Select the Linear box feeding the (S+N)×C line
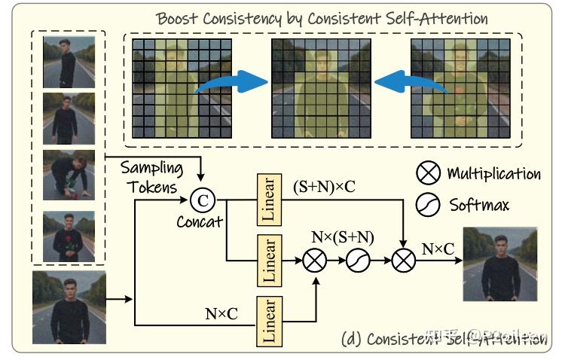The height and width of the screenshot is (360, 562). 267,200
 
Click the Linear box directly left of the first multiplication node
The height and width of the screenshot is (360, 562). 267,260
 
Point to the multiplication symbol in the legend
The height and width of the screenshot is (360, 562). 429,173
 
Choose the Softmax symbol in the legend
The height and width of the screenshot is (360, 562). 429,204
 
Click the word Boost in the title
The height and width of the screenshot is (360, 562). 178,18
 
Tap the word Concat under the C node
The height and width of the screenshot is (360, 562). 200,222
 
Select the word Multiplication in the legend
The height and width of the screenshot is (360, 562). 493,174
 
